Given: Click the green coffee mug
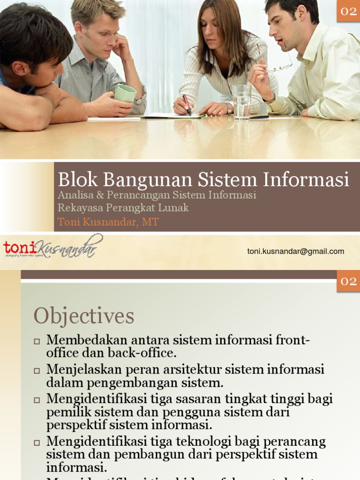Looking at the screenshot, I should pos(125,93).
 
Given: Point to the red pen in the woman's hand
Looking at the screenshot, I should pos(187,104).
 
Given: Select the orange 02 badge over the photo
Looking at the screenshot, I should pos(348,11).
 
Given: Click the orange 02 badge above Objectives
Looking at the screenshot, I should pos(348,281).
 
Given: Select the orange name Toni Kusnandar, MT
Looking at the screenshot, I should pos(108,222).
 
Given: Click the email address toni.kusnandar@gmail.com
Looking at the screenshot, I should pos(296,251).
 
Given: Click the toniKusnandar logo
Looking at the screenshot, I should pos(52,247).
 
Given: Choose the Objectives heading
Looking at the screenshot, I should pos(84,316).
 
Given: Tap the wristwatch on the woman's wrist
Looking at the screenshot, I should pos(228,108).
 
